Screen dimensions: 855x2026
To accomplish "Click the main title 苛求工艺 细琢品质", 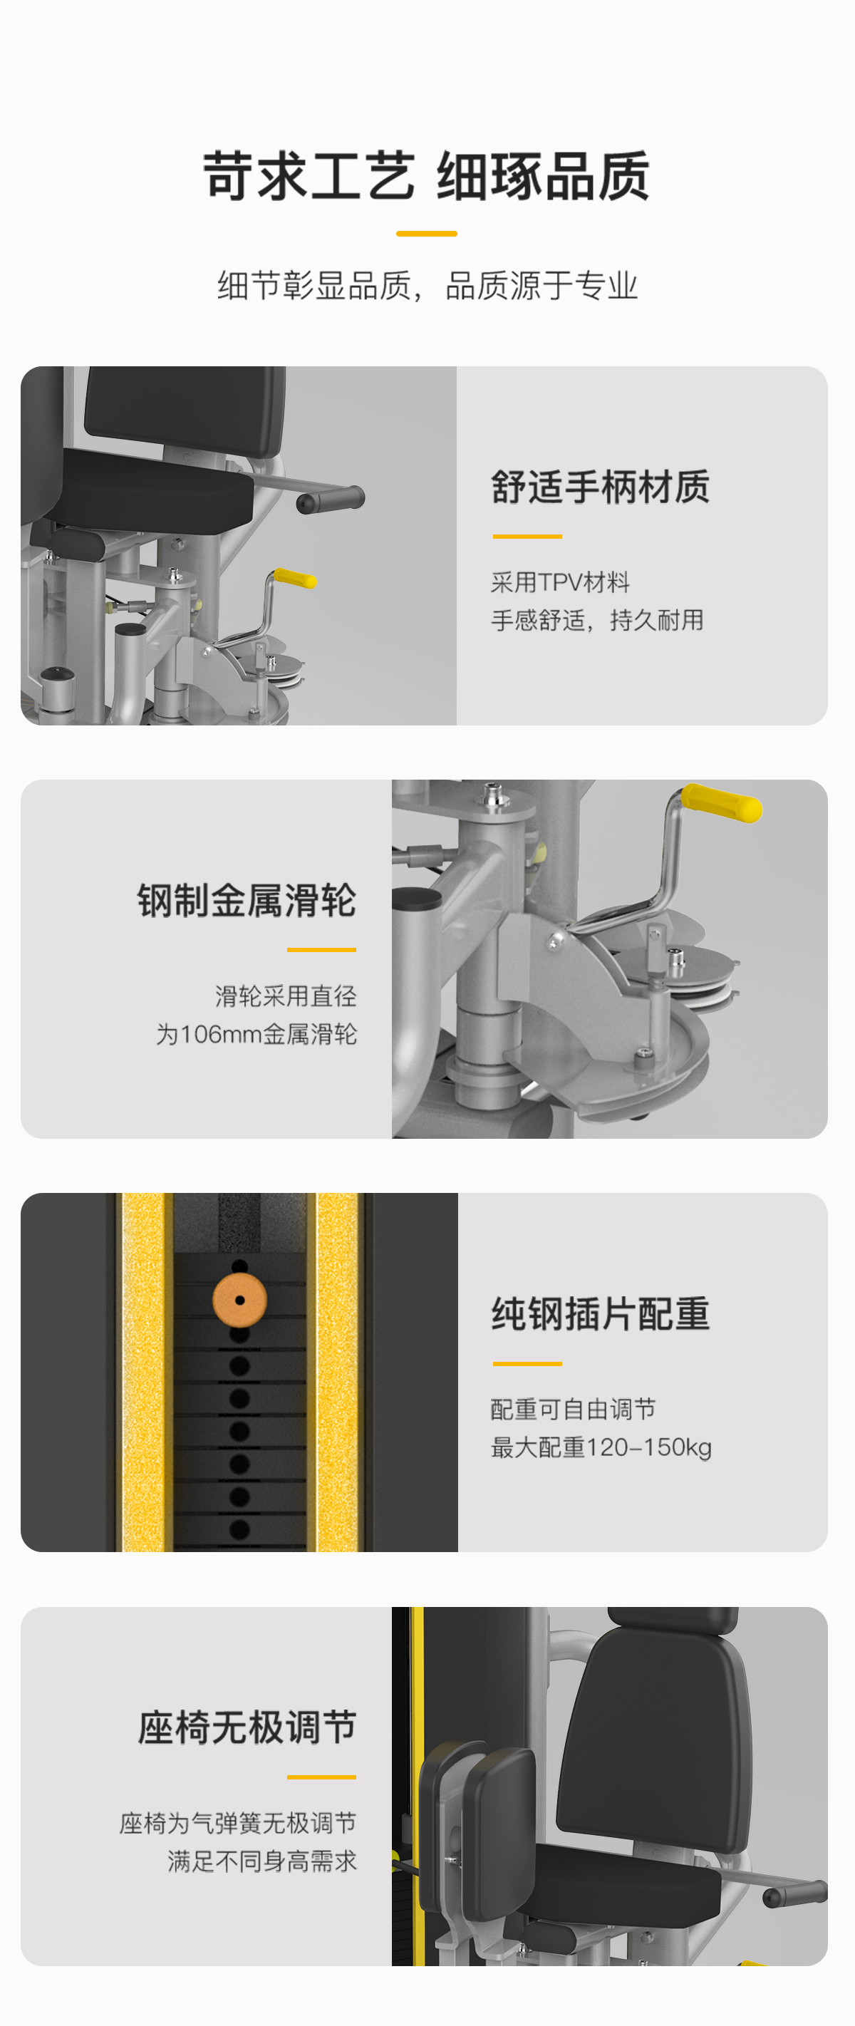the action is point(426,176).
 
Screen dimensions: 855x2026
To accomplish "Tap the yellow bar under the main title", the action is point(426,234).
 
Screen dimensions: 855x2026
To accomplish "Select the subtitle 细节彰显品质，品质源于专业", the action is point(427,286).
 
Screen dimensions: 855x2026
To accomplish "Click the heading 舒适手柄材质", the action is point(600,487).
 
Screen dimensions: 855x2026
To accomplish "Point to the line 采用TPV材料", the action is point(560,582).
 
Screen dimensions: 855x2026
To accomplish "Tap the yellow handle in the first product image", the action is point(295,578).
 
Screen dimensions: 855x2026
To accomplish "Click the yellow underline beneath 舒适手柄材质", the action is point(527,537).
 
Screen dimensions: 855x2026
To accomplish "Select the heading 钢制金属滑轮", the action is point(247,901).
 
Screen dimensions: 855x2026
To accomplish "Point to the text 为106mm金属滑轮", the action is point(256,1034).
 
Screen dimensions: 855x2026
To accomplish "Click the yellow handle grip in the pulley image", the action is point(721,803).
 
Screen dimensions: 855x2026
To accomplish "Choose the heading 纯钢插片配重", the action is point(600,1314).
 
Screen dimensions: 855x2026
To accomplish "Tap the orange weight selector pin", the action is point(240,1300).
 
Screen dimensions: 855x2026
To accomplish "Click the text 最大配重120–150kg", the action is point(601,1447).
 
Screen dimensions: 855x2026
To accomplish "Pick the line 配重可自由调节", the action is point(573,1409).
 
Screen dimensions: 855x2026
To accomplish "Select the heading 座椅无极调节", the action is point(247,1728).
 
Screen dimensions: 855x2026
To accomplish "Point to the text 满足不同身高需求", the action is point(262,1861).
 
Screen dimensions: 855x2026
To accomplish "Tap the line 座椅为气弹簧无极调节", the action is point(237,1822).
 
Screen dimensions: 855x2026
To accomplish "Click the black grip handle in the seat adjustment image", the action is point(795,1893).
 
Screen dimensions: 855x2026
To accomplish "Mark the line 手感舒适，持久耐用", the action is point(597,621).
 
